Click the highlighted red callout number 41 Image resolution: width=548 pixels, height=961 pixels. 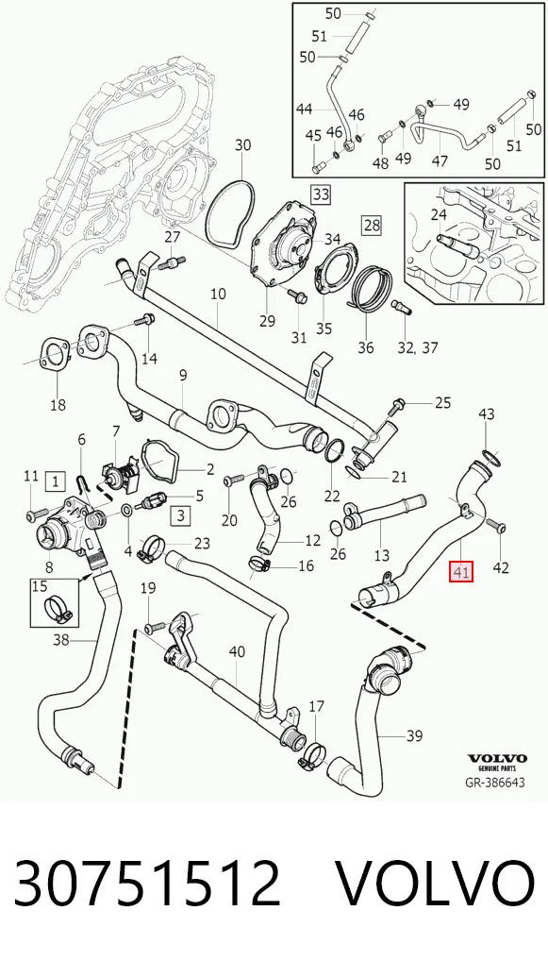click(x=461, y=572)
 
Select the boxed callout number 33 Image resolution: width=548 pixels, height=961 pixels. click(x=321, y=194)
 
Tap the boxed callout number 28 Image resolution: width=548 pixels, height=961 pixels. click(x=373, y=225)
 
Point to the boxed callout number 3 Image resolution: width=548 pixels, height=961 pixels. click(x=181, y=515)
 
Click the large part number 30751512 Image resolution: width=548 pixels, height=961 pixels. click(x=147, y=884)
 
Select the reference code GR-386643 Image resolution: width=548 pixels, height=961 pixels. click(x=496, y=783)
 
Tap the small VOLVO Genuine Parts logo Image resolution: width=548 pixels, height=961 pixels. click(x=496, y=762)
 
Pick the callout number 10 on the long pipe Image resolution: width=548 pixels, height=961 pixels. click(x=218, y=294)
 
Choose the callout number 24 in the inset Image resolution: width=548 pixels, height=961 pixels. click(x=439, y=214)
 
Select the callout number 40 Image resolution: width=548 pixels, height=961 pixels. click(x=237, y=651)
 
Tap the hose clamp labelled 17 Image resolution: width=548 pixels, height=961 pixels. click(x=311, y=754)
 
